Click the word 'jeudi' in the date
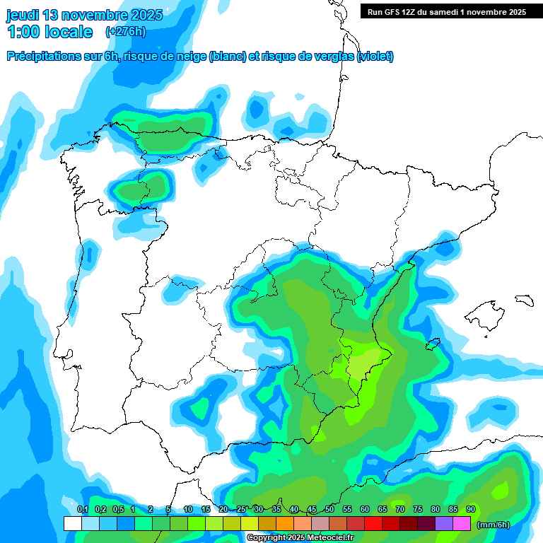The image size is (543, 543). (x=23, y=15)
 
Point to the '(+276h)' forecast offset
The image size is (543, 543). (x=125, y=32)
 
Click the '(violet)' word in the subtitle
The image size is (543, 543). (x=375, y=57)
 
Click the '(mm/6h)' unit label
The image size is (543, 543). (x=493, y=525)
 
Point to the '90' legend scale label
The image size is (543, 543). (x=470, y=510)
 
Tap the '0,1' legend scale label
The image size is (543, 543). (x=82, y=510)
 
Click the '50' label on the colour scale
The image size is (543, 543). (x=329, y=510)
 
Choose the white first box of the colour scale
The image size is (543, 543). (x=72, y=523)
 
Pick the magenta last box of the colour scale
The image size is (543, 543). (x=462, y=523)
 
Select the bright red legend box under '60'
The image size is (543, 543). (x=373, y=523)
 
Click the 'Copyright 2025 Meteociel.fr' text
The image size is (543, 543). (x=300, y=538)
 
